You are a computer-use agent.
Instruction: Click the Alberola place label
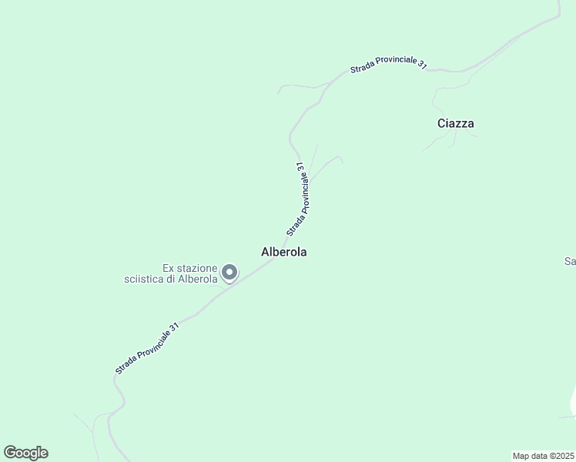(x=284, y=252)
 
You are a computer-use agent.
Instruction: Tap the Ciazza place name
(x=455, y=123)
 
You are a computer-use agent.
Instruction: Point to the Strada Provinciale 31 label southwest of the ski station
(x=147, y=349)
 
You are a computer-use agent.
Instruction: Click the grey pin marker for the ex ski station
(x=229, y=272)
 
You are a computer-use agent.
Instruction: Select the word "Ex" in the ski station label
(x=169, y=268)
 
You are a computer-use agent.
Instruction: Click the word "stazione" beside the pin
(x=198, y=268)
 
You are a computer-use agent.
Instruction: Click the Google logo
(x=25, y=453)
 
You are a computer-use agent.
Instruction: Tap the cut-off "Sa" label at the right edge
(x=570, y=262)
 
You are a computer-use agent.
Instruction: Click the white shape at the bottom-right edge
(x=573, y=404)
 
